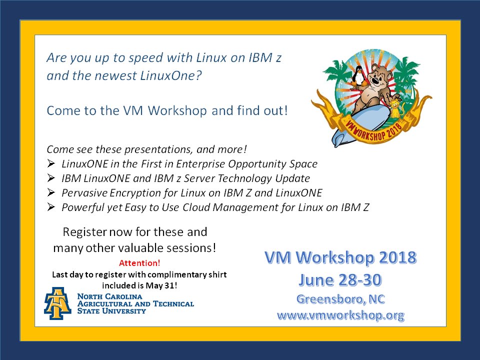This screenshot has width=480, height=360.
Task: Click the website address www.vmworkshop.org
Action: (x=340, y=315)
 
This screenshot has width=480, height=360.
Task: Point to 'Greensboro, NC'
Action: (x=340, y=299)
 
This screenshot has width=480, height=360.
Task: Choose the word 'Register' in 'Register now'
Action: (x=84, y=232)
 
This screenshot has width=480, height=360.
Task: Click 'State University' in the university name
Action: (x=111, y=310)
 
